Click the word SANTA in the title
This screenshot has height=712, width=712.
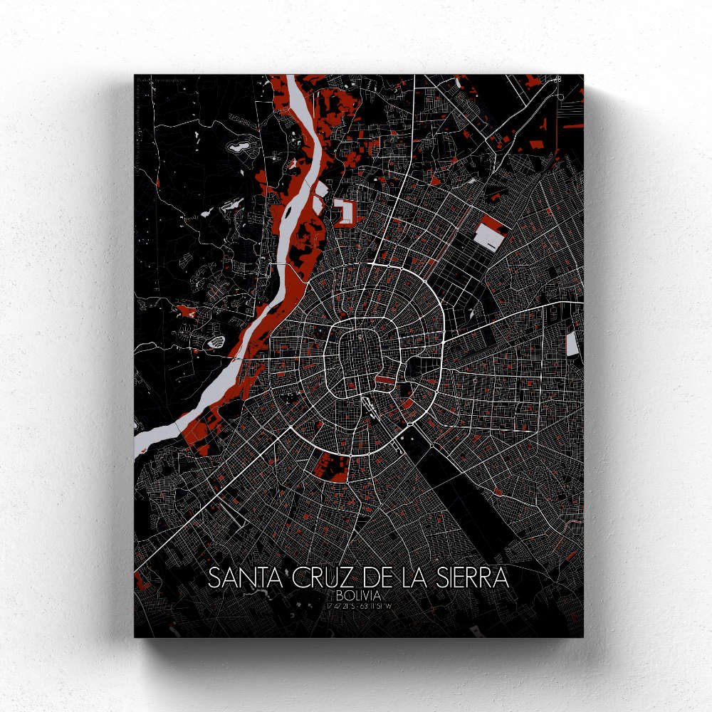[x=246, y=578]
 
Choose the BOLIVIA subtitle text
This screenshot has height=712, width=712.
[x=360, y=595]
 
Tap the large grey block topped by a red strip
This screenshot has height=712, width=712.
[x=491, y=233]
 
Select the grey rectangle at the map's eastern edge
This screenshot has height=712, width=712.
[x=572, y=345]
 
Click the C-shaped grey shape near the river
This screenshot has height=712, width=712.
[x=345, y=212]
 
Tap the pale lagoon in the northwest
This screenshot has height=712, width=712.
[x=237, y=147]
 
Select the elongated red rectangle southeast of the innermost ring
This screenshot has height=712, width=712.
[x=385, y=382]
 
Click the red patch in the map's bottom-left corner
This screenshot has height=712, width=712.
[x=141, y=582]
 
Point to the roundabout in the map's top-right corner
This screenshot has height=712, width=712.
[x=557, y=80]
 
